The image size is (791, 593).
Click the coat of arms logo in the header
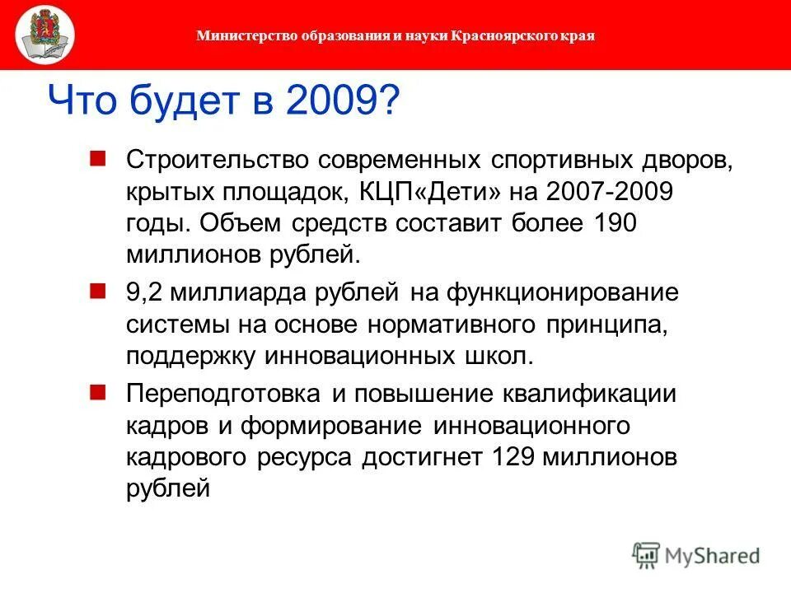(x=44, y=36)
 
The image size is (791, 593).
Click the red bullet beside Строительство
(x=98, y=156)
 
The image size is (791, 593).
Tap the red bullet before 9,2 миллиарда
(x=98, y=291)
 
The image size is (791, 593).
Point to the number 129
(x=519, y=457)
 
